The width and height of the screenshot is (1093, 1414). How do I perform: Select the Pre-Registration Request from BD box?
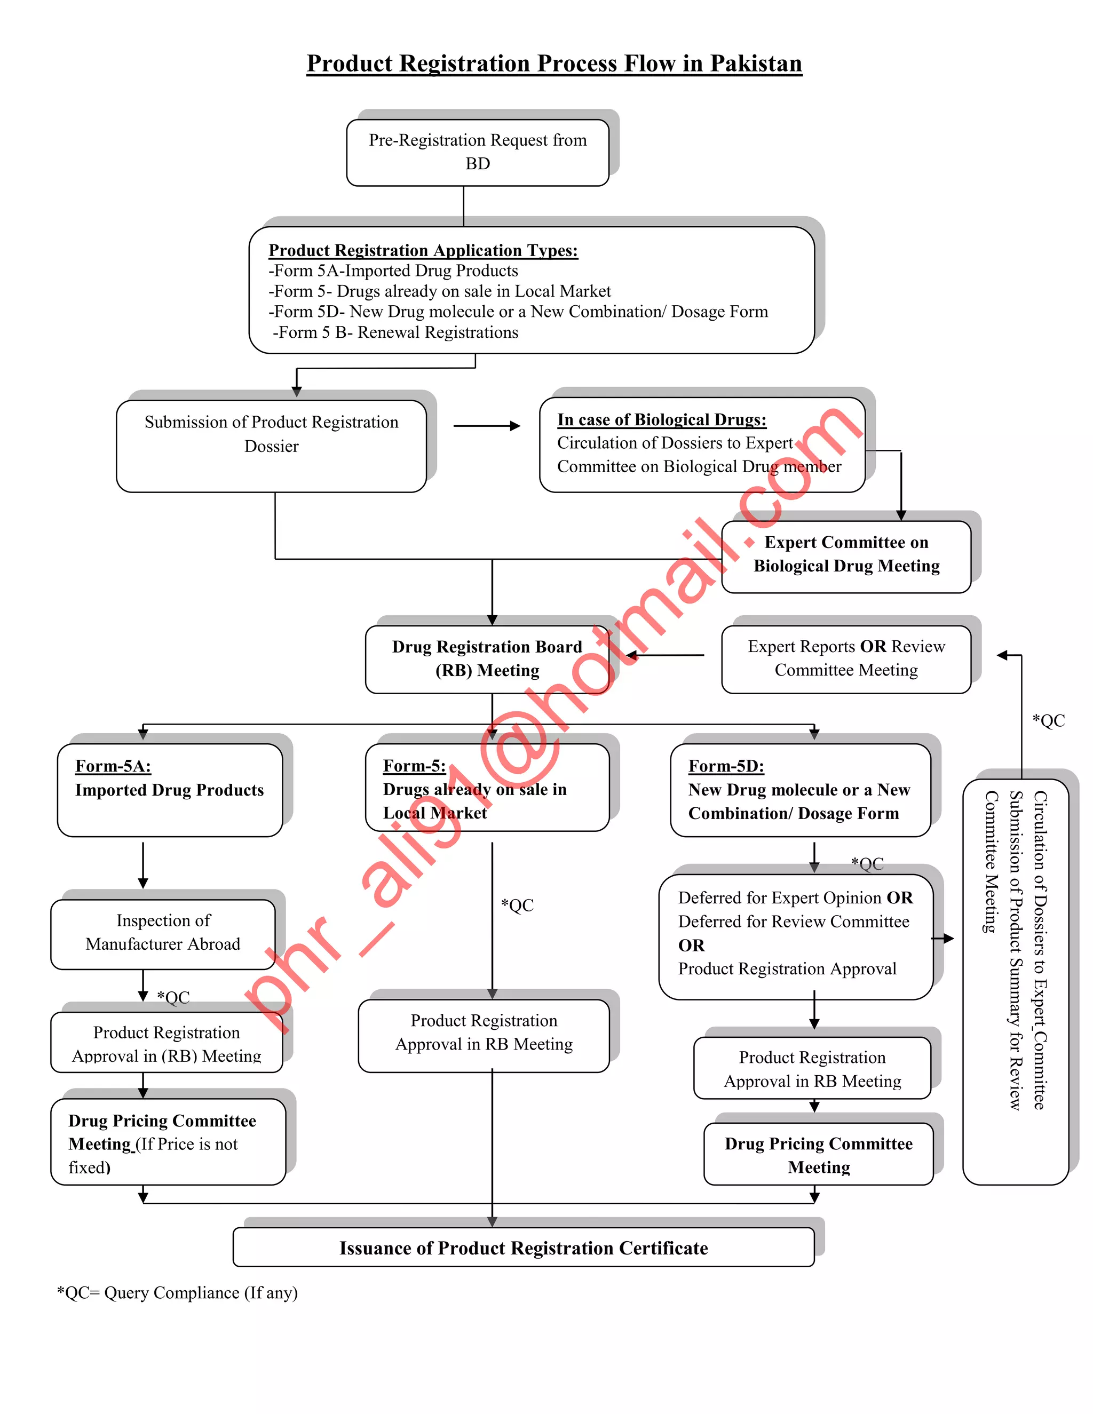pos(477,152)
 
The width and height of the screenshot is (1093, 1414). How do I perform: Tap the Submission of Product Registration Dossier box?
pos(271,446)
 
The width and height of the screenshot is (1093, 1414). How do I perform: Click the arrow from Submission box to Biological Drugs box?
pos(486,426)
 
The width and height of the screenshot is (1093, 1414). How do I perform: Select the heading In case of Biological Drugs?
pos(661,419)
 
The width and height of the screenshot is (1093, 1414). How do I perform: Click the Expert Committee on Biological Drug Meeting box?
pos(846,555)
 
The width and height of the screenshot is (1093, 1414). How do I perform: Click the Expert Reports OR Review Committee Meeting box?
pos(846,658)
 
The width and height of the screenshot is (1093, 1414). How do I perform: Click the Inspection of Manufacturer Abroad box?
pos(163,932)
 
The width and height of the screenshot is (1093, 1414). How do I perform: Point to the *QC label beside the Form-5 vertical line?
pos(517,905)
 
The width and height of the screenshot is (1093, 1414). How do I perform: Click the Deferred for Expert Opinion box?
pos(795,934)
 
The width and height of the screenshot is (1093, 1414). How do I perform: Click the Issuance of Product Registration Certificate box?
pos(523,1248)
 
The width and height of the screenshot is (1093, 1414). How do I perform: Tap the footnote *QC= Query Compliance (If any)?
pos(177,1293)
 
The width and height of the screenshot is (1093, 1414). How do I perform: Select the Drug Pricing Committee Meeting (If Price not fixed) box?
pos(167,1143)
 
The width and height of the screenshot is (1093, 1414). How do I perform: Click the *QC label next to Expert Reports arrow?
pos(1048,720)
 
